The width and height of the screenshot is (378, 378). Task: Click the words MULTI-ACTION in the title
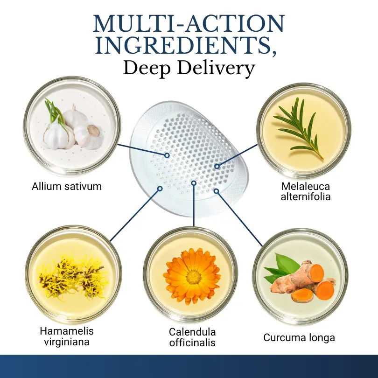click(x=189, y=23)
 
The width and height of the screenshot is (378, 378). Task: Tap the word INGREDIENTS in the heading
click(x=183, y=45)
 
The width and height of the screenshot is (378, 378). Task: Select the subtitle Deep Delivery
click(x=189, y=69)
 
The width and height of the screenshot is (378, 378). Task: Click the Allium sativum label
click(x=67, y=187)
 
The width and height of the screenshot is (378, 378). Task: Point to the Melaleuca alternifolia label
click(x=306, y=191)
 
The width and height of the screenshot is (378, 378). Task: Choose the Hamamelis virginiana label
click(x=67, y=336)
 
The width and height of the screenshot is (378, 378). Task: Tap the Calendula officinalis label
click(x=192, y=337)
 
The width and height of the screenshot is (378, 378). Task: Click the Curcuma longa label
click(x=299, y=337)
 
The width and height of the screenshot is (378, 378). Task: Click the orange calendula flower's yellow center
click(x=193, y=277)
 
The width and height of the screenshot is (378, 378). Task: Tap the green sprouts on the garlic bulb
click(x=54, y=111)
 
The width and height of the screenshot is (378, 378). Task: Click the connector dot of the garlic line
click(x=167, y=155)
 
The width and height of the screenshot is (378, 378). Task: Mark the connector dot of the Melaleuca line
click(x=217, y=166)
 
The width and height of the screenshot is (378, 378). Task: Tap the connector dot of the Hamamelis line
click(x=160, y=189)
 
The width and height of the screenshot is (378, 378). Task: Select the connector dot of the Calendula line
click(x=194, y=183)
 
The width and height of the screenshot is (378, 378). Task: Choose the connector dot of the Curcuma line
click(x=217, y=191)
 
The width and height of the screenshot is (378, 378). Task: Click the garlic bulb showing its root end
click(x=90, y=136)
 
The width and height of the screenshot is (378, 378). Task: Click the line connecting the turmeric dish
click(x=239, y=219)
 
